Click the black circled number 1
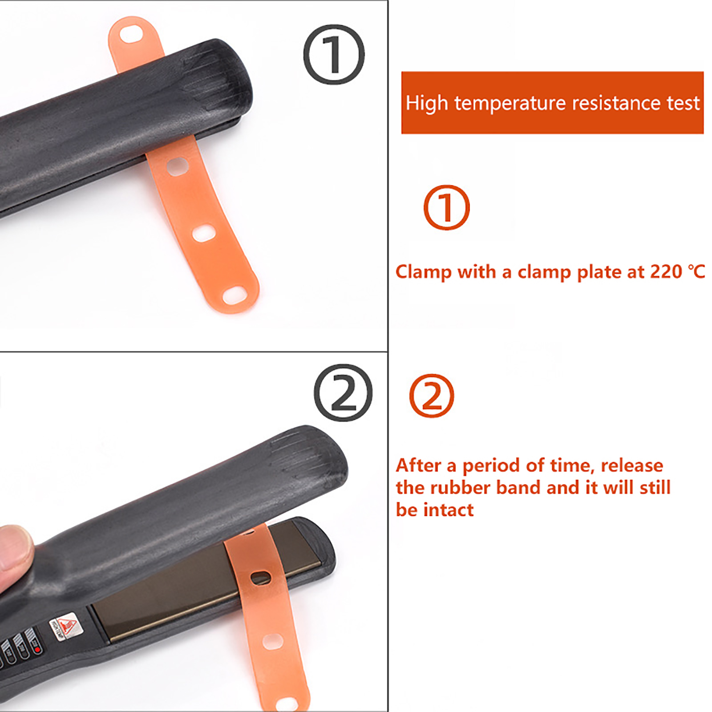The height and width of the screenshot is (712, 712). [x=334, y=54]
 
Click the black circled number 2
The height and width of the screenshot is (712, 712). [x=343, y=392]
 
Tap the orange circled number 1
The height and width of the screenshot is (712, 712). [x=446, y=207]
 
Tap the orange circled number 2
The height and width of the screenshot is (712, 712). [x=432, y=396]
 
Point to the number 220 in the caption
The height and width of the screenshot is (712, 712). [x=666, y=271]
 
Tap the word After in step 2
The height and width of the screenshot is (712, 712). [x=419, y=465]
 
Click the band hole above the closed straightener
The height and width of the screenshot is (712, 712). [x=130, y=34]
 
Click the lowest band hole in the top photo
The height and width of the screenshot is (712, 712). [x=234, y=294]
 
